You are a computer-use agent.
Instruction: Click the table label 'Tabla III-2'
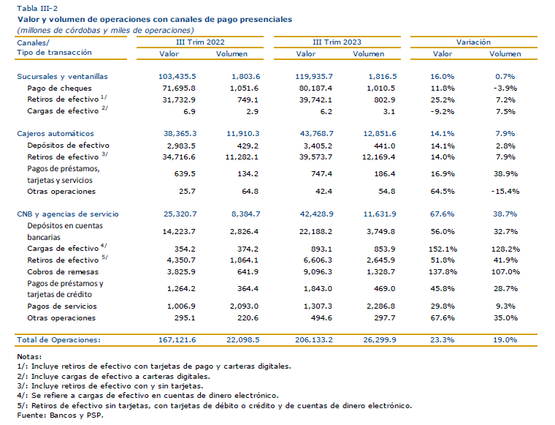tap(37, 8)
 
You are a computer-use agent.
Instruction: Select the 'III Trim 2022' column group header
tap(200, 42)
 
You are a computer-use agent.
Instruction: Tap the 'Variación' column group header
tap(473, 42)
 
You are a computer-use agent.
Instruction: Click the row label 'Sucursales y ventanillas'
tap(62, 77)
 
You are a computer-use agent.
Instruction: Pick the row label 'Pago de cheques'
tap(59, 89)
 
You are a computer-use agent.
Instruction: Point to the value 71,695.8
tap(179, 89)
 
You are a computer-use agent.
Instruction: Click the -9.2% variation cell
tap(443, 112)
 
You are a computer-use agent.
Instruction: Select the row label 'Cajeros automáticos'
tap(55, 134)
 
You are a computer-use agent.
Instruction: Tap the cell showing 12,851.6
tap(380, 134)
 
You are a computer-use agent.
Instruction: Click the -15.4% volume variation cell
tap(505, 192)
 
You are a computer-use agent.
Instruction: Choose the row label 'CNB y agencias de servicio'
tap(68, 214)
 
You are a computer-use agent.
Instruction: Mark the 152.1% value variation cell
tap(443, 249)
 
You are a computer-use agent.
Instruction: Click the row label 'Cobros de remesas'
tap(63, 272)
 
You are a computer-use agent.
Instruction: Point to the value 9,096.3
tap(318, 272)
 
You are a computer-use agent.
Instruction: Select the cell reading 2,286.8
tap(381, 306)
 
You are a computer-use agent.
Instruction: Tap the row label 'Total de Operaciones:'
tap(58, 340)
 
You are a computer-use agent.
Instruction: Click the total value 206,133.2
tap(314, 340)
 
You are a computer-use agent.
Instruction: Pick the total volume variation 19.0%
tap(505, 340)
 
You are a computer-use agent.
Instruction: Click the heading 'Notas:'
tap(29, 356)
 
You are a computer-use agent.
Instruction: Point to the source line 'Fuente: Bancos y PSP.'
tap(60, 415)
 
